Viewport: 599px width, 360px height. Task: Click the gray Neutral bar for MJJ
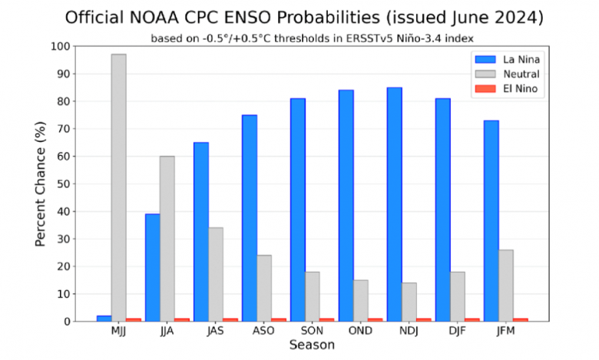118,187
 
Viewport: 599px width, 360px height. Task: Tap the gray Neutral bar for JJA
167,239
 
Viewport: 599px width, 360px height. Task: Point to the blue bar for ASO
249,218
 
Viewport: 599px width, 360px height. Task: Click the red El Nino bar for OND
376,319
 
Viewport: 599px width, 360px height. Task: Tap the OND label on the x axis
361,331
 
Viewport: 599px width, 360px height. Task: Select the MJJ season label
119,331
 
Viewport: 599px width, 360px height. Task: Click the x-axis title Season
312,345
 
